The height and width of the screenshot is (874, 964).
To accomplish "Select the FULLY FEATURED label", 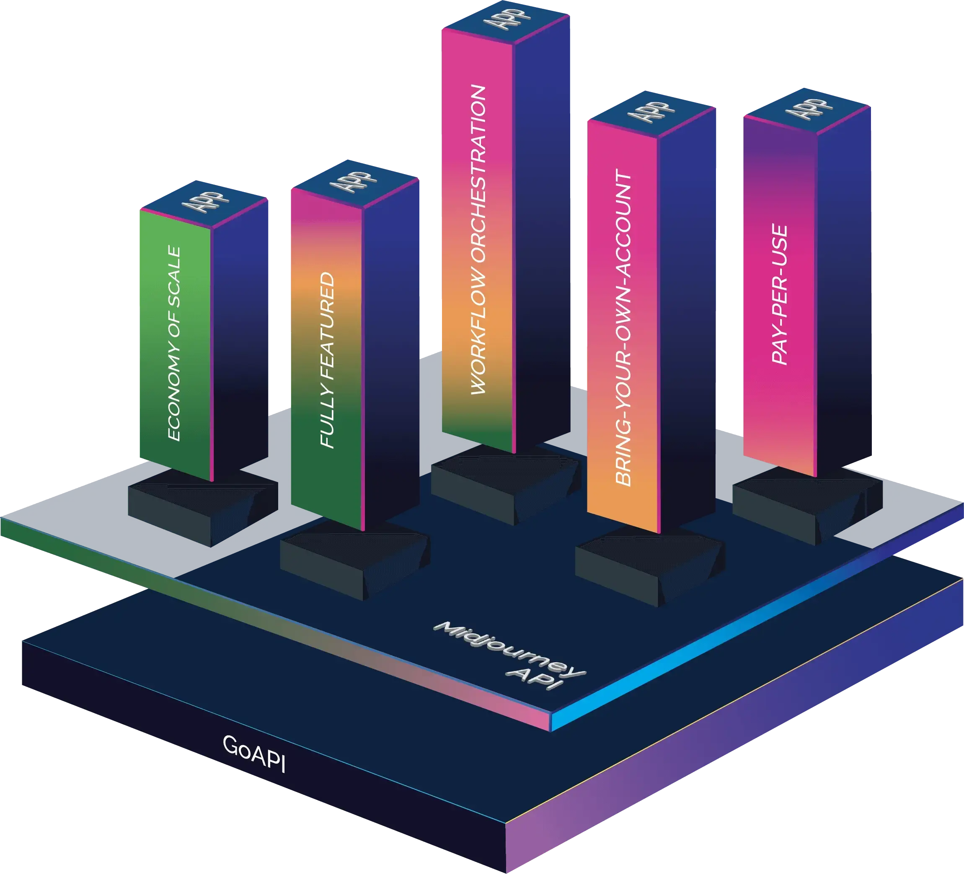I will tap(327, 361).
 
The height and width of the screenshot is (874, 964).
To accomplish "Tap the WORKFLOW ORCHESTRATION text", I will tap(478, 240).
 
